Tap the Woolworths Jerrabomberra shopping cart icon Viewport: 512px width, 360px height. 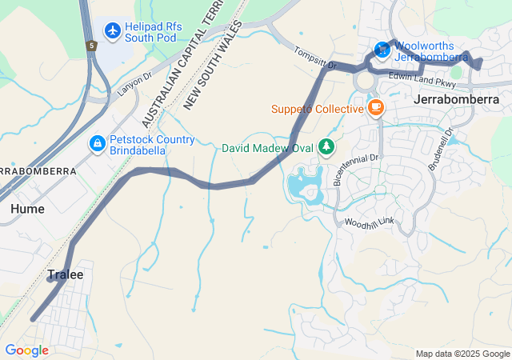[382, 50]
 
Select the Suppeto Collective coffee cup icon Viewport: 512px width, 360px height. [375, 108]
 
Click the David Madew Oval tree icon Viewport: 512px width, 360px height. [326, 146]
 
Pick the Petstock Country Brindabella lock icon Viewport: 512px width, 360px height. [96, 143]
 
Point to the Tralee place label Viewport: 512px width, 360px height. [65, 274]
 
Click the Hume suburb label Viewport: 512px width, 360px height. [27, 208]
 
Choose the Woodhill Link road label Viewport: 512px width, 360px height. [370, 222]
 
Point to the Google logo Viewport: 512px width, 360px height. [26, 350]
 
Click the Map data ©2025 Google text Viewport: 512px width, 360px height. [462, 354]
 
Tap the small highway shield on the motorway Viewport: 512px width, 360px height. [92, 46]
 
